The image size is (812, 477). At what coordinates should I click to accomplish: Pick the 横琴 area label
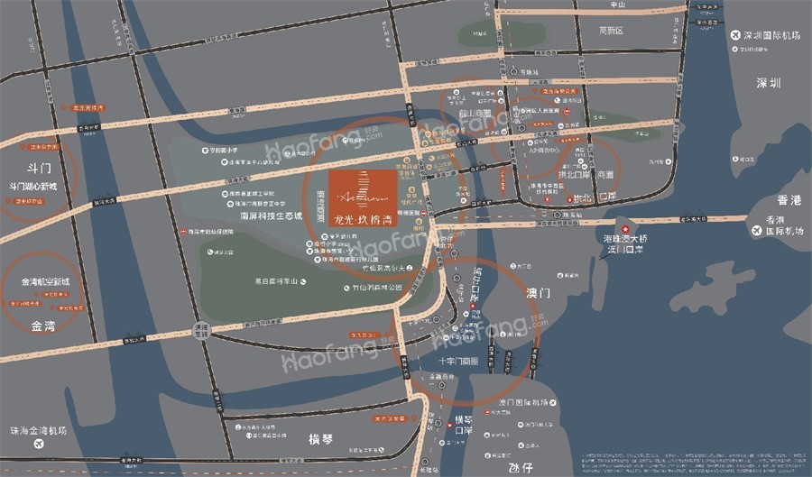click(x=320, y=439)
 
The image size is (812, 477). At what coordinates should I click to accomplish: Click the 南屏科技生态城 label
click(x=269, y=216)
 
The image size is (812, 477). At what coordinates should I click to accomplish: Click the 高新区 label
click(x=613, y=30)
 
